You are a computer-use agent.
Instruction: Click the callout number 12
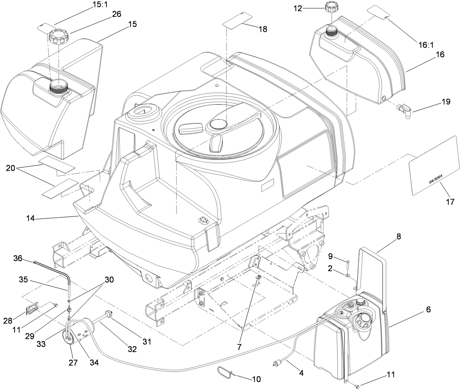(x=298, y=8)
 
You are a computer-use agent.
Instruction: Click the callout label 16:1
(x=426, y=45)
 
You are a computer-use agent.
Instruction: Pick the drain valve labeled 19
(x=404, y=108)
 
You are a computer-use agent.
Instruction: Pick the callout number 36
(x=18, y=258)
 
